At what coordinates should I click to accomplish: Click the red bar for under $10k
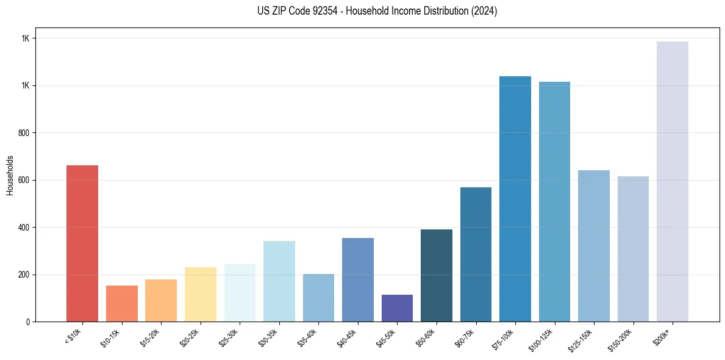click(82, 243)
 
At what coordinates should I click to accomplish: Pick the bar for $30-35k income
click(279, 281)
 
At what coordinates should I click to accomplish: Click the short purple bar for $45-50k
click(397, 308)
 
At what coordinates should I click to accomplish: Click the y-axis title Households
click(10, 175)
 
